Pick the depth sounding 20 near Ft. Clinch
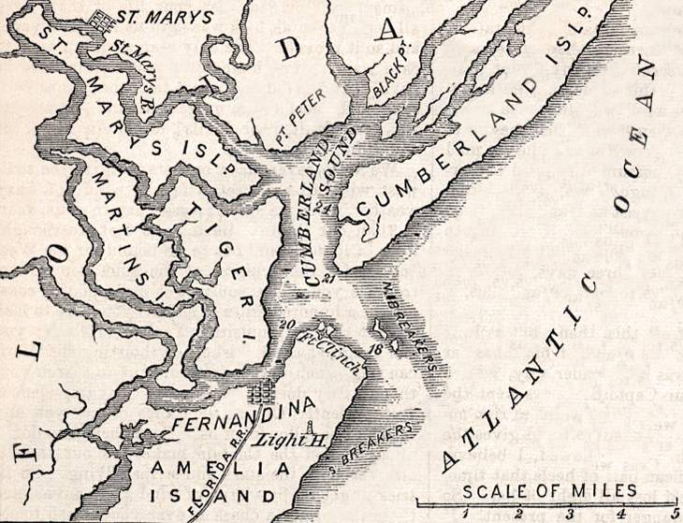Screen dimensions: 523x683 [x=287, y=325]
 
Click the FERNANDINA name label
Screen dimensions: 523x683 [x=240, y=418]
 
